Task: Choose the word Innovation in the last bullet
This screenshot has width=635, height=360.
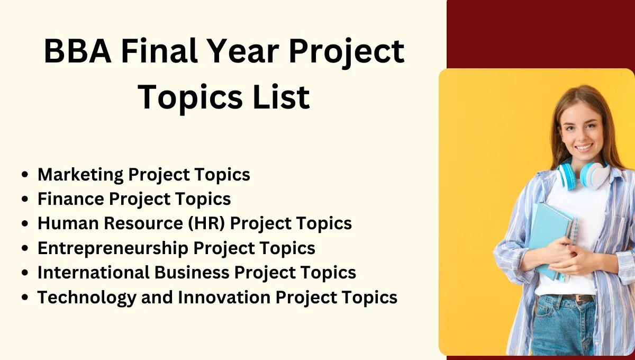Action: coord(224,298)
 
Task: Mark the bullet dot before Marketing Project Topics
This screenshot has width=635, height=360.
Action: coord(24,175)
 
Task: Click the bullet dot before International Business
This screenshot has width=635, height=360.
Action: coord(24,273)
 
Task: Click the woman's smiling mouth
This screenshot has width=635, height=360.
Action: coord(584,147)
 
